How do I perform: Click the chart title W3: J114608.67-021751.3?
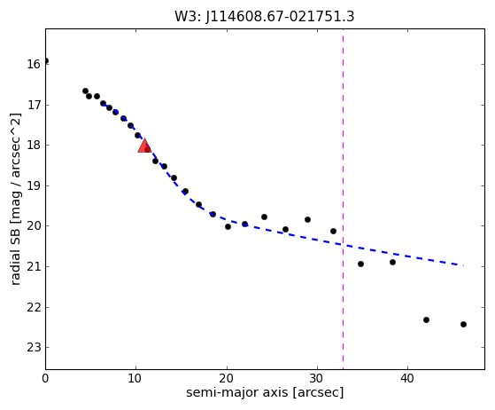pyautogui.click(x=265, y=16)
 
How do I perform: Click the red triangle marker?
pyautogui.click(x=144, y=146)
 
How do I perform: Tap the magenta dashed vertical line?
pyautogui.click(x=344, y=199)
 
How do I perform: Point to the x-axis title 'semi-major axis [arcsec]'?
pyautogui.click(x=265, y=392)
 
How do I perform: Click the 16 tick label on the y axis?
pyautogui.click(x=34, y=64)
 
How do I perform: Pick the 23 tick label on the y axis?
pyautogui.click(x=34, y=348)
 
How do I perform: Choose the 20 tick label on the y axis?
pyautogui.click(x=34, y=226)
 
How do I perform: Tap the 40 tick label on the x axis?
pyautogui.click(x=407, y=378)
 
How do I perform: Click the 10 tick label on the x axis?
pyautogui.click(x=135, y=378)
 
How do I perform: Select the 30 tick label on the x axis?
pyautogui.click(x=317, y=378)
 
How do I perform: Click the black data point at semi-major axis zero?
pyautogui.click(x=46, y=60)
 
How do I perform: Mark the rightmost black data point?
pyautogui.click(x=463, y=324)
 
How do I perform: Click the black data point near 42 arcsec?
pyautogui.click(x=426, y=319)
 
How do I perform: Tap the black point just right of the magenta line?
pyautogui.click(x=360, y=264)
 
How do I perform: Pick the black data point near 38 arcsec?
pyautogui.click(x=392, y=263)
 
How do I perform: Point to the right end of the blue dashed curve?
pyautogui.click(x=463, y=265)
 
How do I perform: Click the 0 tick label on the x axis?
pyautogui.click(x=45, y=378)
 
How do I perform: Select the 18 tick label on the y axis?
pyautogui.click(x=34, y=146)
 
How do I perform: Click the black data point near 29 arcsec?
pyautogui.click(x=308, y=219)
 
